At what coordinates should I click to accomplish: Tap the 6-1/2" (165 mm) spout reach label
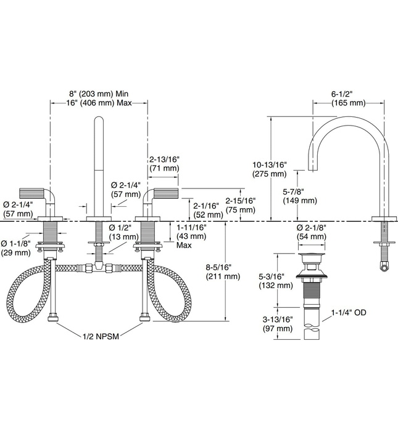pos(349,98)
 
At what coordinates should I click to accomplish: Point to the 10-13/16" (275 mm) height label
pos(270,169)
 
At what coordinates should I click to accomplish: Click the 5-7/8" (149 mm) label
pos(299,196)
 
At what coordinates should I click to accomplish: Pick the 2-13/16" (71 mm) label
pos(163,163)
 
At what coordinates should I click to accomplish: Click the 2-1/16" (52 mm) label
pos(206,210)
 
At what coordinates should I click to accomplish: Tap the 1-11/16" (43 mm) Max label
pos(191,236)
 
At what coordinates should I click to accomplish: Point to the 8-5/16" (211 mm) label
pos(223,272)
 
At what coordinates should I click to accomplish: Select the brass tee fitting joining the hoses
pos(98,267)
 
